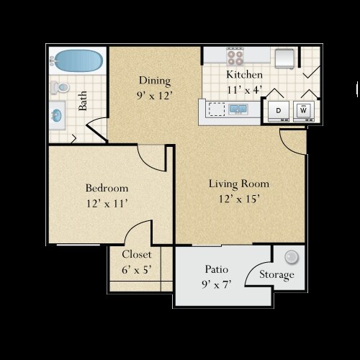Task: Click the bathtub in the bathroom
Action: coord(77,60)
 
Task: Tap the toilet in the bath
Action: coord(60,87)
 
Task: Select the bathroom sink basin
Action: coord(57,116)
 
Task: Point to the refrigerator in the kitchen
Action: coord(284,58)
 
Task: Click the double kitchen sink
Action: coord(238,109)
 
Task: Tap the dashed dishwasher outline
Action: coord(217,109)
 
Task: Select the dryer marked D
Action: coord(279,111)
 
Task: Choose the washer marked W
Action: coord(304,111)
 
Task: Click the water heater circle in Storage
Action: coord(292,257)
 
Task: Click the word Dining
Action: coord(155,81)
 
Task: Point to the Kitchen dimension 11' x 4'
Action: coord(244,90)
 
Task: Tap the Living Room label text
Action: coord(239,184)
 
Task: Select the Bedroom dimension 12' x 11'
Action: coord(107,204)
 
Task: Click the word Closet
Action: coord(137,254)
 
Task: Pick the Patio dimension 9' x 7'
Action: coord(217,285)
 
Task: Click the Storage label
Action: coord(276,275)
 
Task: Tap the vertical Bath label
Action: coord(83,101)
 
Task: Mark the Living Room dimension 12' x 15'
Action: coord(239,199)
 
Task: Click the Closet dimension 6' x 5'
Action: coord(137,270)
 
